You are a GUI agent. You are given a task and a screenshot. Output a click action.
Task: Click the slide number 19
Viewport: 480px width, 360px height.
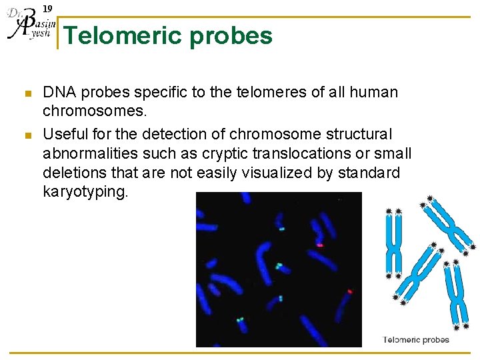coord(47,9)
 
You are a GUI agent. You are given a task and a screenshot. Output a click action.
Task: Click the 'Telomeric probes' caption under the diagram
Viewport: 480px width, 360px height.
coord(416,340)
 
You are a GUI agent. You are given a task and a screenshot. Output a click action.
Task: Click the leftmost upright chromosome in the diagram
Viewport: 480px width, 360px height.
coord(394,243)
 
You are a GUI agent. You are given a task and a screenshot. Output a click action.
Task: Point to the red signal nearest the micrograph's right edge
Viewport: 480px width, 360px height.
coord(350,291)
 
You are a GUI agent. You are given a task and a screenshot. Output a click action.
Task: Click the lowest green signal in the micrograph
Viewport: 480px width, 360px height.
coord(239,320)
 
